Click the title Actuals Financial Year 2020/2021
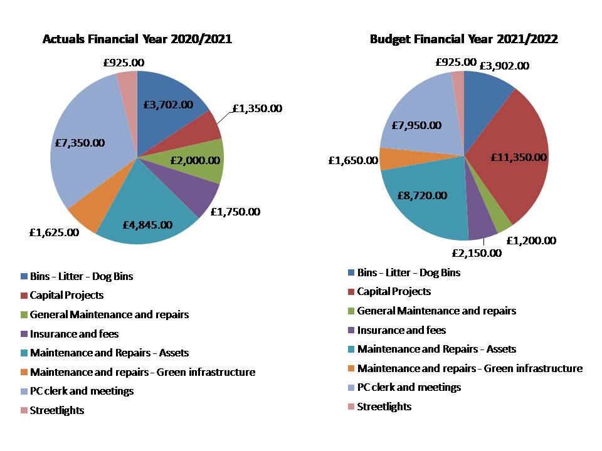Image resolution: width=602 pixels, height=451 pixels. tap(137, 39)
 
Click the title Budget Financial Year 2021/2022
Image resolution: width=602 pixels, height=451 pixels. tap(464, 39)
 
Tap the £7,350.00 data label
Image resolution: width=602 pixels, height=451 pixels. tap(80, 143)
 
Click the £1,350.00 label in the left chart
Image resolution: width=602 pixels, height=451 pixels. tap(257, 108)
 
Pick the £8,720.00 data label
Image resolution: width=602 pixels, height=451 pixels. tap(421, 195)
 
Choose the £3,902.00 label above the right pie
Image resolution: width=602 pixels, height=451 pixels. tap(504, 66)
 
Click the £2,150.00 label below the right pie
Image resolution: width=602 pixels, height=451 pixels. tap(477, 253)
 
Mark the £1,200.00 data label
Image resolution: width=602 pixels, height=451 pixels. tap(531, 241)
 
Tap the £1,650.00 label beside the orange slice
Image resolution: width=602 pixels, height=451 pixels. tap(353, 160)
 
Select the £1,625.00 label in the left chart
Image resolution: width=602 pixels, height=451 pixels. tap(54, 232)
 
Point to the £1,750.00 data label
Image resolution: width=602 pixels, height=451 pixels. tap(235, 212)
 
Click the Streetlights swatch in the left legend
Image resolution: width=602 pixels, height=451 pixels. tap(24, 410)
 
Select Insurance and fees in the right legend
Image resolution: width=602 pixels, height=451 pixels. tap(401, 329)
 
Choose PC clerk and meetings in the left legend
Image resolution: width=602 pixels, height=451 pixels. tap(82, 391)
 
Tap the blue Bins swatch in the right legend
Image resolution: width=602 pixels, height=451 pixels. tap(351, 272)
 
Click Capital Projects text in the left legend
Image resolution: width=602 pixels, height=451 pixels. tap(66, 294)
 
